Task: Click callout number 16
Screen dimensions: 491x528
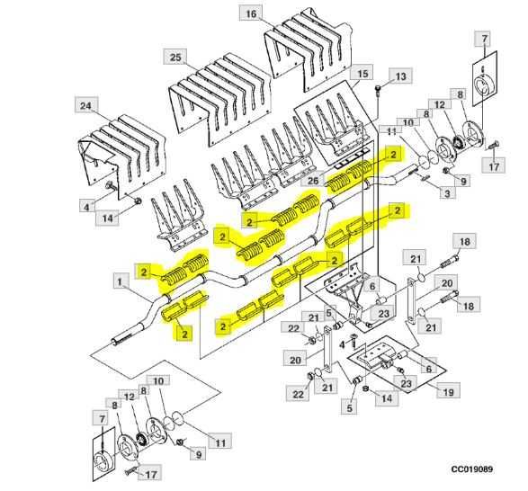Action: [251, 13]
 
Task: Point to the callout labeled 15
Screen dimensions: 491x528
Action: [363, 73]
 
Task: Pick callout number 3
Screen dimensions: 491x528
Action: [445, 192]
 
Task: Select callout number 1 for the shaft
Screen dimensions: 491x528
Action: [121, 281]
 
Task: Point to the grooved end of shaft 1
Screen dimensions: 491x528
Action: [120, 341]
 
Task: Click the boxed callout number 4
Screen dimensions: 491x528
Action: [86, 206]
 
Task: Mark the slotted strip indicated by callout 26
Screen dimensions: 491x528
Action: [345, 166]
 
